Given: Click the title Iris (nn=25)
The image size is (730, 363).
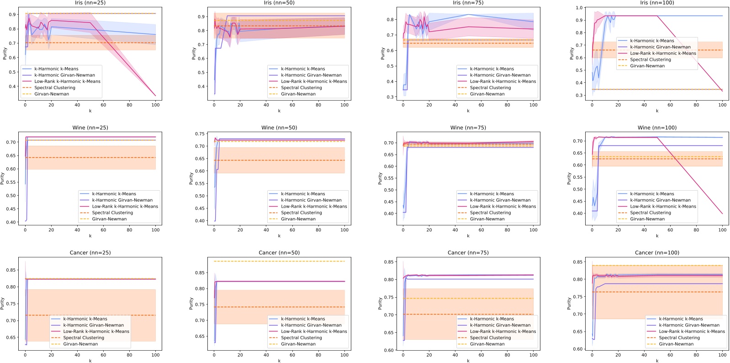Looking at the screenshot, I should [90, 3].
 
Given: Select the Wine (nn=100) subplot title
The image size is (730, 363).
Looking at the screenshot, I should [657, 128].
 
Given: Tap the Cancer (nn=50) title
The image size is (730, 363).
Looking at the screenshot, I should [279, 252].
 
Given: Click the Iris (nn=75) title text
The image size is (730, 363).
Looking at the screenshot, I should [468, 3].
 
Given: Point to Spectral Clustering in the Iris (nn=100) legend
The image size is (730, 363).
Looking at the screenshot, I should [650, 59].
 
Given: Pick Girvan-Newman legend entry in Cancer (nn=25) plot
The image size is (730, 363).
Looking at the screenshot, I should [80, 344].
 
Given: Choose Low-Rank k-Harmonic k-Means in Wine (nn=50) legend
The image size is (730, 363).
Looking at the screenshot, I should [314, 206].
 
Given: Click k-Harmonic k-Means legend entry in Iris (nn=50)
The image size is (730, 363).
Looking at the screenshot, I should [303, 69].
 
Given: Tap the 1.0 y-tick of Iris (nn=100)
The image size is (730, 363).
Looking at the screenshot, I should [579, 8].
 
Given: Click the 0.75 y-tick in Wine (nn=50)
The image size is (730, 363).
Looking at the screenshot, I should [200, 134].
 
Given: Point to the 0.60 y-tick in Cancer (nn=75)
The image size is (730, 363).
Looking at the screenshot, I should [388, 350].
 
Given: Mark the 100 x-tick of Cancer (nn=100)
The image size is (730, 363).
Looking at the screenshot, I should [722, 355].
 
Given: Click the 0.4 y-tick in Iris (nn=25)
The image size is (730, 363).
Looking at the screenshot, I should [12, 86].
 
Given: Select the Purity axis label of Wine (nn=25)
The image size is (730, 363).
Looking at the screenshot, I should [2, 178].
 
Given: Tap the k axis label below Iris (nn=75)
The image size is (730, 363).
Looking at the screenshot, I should [468, 111].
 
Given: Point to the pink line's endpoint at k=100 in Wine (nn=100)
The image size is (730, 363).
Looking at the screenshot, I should [722, 214].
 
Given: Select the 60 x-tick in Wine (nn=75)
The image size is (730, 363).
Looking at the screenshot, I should [481, 230].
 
